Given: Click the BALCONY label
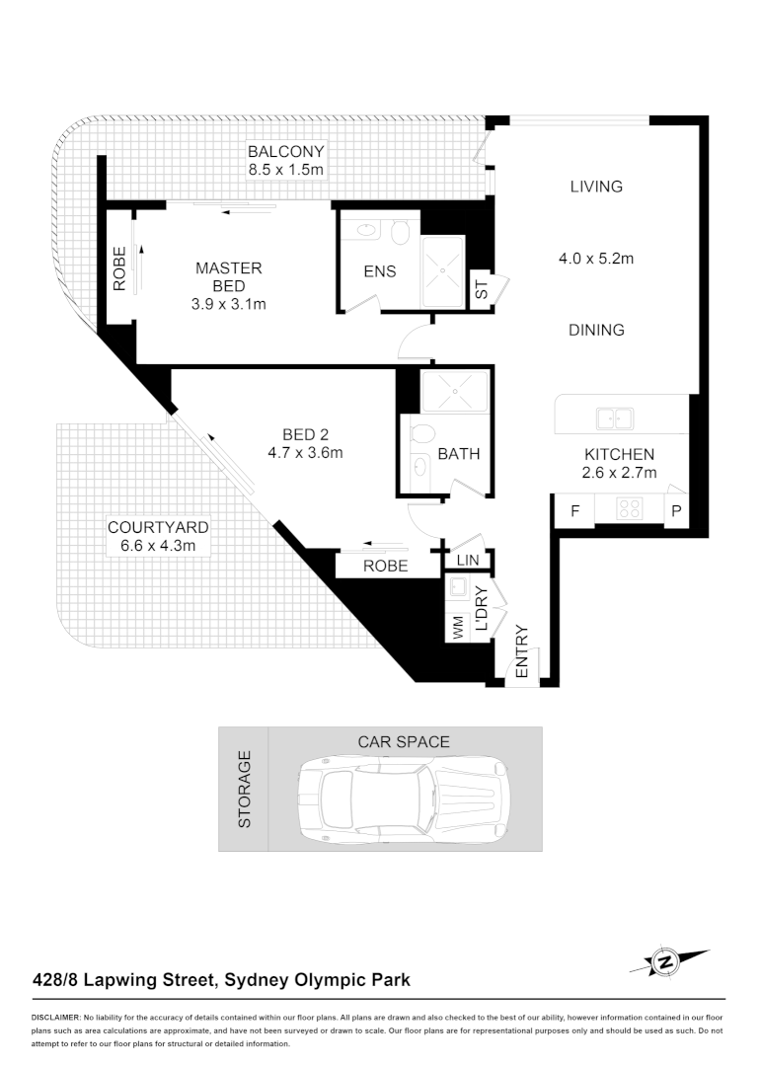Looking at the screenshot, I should click(285, 152).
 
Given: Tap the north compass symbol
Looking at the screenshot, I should click(668, 960).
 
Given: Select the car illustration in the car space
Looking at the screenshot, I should click(404, 800).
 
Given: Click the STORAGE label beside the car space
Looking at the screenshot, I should click(245, 789).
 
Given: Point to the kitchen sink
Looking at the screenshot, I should click(614, 419).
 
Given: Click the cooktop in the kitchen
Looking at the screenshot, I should click(630, 509).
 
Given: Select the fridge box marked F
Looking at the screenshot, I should click(574, 511).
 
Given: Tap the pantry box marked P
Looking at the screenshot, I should click(676, 511).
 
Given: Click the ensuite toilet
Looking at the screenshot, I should click(400, 233).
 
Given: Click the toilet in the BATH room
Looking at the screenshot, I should click(421, 435).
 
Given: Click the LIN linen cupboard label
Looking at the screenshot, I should click(468, 561).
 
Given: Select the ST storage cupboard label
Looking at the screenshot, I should click(482, 291).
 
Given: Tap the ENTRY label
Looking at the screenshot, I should click(522, 652).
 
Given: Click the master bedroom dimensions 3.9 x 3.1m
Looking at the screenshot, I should click(229, 304).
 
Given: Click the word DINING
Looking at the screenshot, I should click(596, 331).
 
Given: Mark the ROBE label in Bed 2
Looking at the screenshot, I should click(386, 567).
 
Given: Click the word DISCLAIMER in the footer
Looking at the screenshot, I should click(56, 1017).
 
